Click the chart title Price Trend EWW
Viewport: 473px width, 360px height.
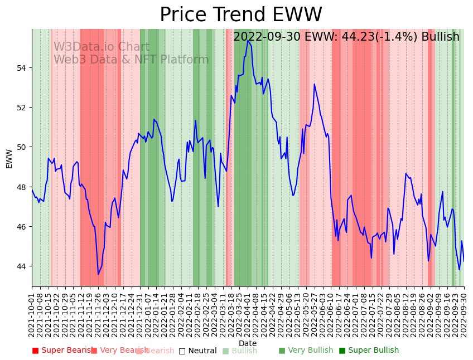coord(240,15)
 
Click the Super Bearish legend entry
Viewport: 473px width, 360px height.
coord(62,351)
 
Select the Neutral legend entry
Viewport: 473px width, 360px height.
coord(197,351)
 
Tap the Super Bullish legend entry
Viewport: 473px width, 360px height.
coord(369,351)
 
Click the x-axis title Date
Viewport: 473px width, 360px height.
coord(248,344)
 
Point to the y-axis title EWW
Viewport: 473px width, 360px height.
coord(9,158)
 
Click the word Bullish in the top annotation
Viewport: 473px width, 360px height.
coord(440,37)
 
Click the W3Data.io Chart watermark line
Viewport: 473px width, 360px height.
coord(102,47)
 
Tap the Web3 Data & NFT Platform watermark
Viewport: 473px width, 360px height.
coord(131,60)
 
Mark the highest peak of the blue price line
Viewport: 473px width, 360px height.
coord(248,41)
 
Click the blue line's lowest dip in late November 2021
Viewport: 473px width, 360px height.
coord(98,274)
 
